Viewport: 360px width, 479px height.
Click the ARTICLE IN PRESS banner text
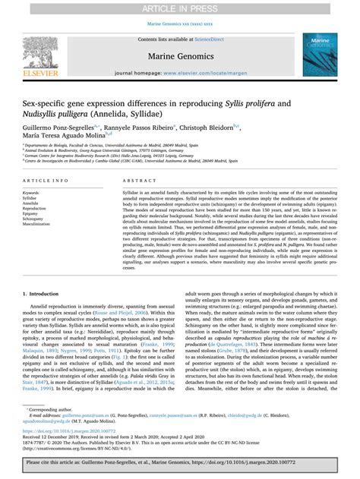[180, 7]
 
